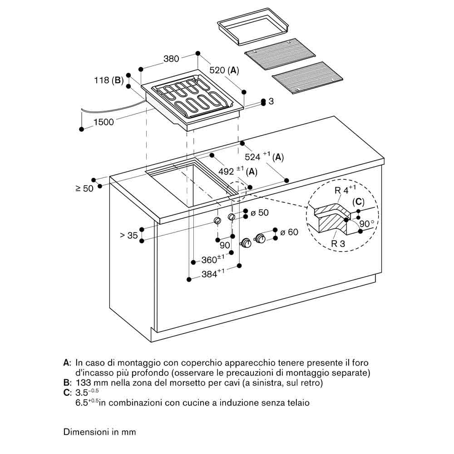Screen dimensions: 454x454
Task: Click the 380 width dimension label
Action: (x=171, y=59)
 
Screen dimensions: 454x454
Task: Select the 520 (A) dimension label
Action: (x=224, y=70)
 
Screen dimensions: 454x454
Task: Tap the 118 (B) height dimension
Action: (x=109, y=80)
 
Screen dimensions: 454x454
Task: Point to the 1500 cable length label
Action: (x=104, y=122)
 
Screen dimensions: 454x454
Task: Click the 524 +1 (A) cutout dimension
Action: (x=264, y=156)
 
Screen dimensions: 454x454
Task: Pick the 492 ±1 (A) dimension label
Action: (x=238, y=171)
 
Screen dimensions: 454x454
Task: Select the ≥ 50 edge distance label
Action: (x=84, y=188)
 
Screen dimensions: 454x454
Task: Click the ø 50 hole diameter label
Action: (x=260, y=213)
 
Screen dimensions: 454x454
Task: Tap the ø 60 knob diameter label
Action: (x=289, y=232)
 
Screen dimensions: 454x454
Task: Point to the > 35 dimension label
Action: (x=128, y=235)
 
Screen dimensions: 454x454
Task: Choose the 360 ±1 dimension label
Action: (x=213, y=259)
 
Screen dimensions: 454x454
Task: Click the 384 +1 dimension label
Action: (x=213, y=273)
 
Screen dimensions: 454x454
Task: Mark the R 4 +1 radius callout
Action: (x=345, y=190)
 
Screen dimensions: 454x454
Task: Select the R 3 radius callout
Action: (x=338, y=244)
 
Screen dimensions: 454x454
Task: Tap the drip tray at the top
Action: (x=253, y=26)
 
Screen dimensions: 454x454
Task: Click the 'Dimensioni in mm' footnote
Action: (x=99, y=432)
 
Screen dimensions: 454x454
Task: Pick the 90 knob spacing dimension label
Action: (x=225, y=246)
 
